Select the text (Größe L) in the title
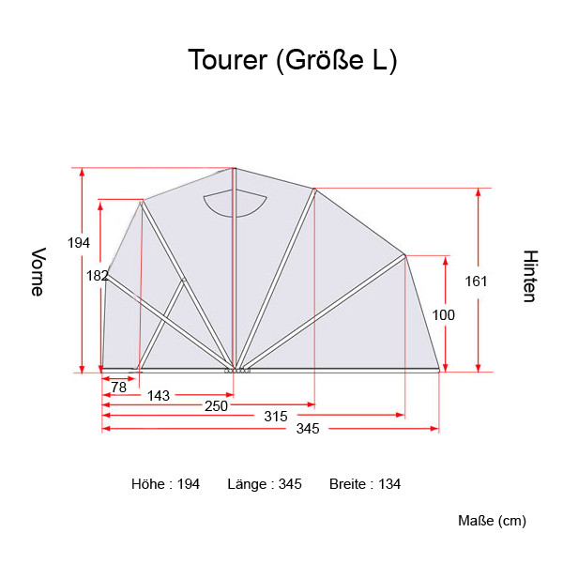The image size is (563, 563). tap(337, 61)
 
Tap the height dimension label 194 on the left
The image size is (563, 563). tap(79, 243)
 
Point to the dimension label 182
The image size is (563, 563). tap(97, 276)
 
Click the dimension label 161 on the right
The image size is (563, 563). tap(478, 280)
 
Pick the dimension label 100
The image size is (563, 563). tap(443, 315)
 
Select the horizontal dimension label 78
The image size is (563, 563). tap(118, 387)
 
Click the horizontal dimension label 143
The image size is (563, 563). tap(159, 396)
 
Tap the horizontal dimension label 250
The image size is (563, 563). tap(216, 405)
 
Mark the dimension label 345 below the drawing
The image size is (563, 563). tap(308, 429)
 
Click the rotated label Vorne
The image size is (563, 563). tap(38, 272)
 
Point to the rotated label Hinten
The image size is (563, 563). tap(529, 276)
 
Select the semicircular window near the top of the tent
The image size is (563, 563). tap(235, 202)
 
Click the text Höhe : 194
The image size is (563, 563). tap(165, 484)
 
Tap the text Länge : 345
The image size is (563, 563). tap(264, 484)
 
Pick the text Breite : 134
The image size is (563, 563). tap(365, 484)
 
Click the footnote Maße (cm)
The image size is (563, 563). tap(492, 521)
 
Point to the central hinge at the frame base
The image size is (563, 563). tap(237, 370)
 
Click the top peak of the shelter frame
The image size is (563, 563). tap(234, 169)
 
